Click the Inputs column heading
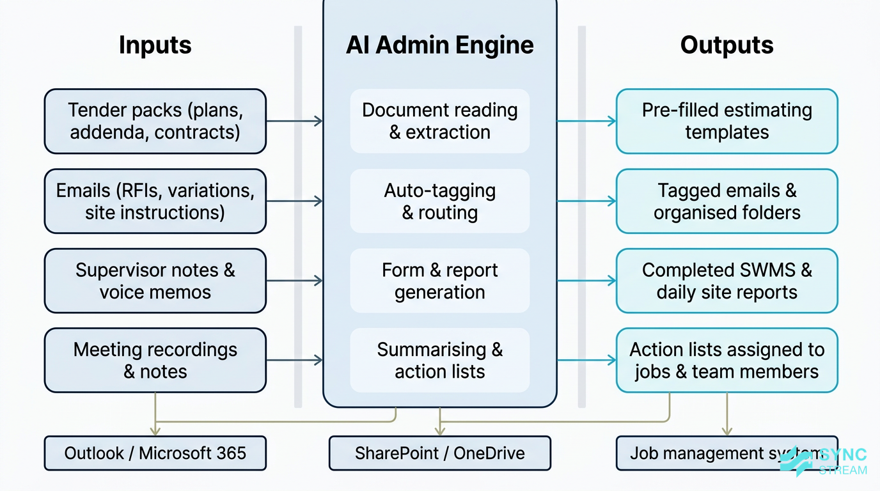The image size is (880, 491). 155,45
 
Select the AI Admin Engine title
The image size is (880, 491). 439,45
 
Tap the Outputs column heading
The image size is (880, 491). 727,45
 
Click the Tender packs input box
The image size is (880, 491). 155,121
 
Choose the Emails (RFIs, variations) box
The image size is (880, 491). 155,201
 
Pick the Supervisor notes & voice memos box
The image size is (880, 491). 155,281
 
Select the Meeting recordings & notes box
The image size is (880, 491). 155,361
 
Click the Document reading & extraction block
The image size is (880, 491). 439,121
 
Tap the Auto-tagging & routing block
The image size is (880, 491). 439,201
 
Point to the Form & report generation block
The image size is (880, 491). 439,281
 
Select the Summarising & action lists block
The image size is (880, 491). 439,361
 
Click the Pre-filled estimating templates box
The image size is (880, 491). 727,121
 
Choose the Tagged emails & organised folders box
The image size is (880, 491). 727,201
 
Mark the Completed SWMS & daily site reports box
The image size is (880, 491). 727,281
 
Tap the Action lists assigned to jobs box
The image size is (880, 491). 727,361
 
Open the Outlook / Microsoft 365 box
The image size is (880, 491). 155,453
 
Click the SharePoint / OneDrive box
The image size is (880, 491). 439,453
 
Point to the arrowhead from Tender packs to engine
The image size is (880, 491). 318,121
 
